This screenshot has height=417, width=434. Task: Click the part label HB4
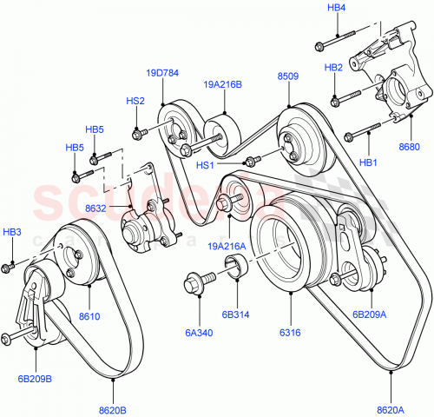pos(336,8)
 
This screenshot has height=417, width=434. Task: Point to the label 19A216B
pos(223,84)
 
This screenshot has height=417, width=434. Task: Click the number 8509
pos(288,76)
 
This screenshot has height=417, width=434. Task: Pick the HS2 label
pos(135,101)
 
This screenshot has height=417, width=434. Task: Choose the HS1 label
pos(206,165)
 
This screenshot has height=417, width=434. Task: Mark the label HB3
pos(11,233)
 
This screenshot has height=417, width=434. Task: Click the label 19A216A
pos(228,246)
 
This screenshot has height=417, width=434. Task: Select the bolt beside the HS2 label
pos(137,133)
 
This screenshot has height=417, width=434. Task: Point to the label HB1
pos(368,162)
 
